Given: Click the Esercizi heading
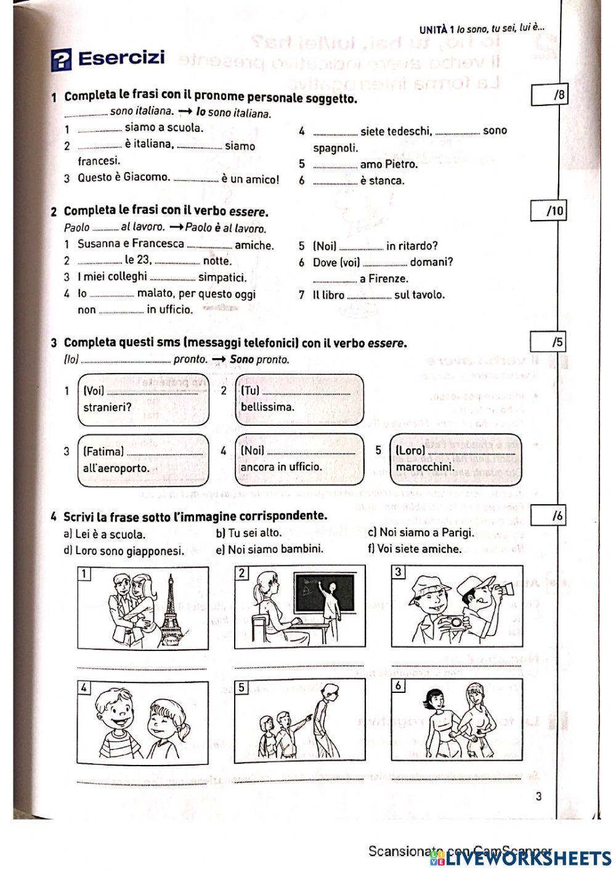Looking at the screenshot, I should tap(121, 59).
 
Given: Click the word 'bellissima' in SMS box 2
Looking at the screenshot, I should tap(267, 407).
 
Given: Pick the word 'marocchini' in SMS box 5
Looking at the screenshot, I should tap(425, 467).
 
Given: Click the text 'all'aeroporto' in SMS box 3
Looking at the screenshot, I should tap(116, 468).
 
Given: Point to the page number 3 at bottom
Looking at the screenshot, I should tap(538, 796).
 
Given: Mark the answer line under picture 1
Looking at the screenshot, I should tap(142, 668).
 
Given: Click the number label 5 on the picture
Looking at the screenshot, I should tap(242, 687).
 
